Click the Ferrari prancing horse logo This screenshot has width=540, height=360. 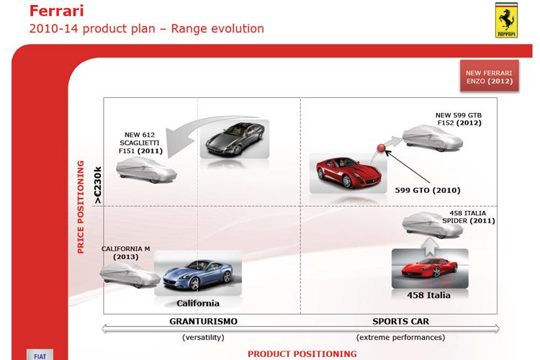(506, 20)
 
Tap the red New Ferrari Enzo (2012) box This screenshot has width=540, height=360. (490, 76)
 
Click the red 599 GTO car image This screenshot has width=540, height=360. (348, 174)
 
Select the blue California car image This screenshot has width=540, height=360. (198, 273)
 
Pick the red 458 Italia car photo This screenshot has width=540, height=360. (430, 269)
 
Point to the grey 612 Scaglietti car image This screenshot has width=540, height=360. (235, 139)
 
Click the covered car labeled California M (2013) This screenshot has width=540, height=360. (130, 274)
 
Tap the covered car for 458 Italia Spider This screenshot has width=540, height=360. (433, 225)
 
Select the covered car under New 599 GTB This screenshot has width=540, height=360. (433, 138)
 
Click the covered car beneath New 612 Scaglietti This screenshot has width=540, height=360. (146, 170)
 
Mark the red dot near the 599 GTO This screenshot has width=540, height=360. (381, 148)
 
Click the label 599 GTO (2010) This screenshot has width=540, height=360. (428, 190)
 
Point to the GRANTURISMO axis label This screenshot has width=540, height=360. (204, 321)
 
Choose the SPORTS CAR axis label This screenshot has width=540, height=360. (401, 321)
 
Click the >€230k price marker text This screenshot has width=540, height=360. (98, 185)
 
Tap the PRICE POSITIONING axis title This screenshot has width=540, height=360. (81, 207)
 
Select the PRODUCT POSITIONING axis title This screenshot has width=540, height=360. (302, 354)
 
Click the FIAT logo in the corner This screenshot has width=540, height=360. (40, 355)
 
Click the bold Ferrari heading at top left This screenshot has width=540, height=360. (56, 11)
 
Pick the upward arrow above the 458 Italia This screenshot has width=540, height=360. (429, 248)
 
